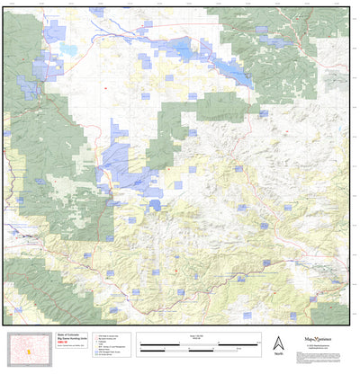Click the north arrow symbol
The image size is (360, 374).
(x=278, y=342)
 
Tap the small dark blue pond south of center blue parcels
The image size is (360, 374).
(x=155, y=204)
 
